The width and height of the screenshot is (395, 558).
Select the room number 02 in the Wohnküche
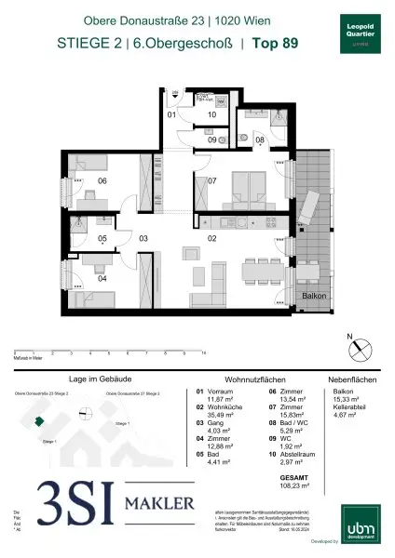click(x=211, y=239)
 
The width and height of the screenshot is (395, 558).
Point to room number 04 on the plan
click(x=102, y=278)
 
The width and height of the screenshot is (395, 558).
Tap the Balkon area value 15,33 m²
click(x=344, y=403)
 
